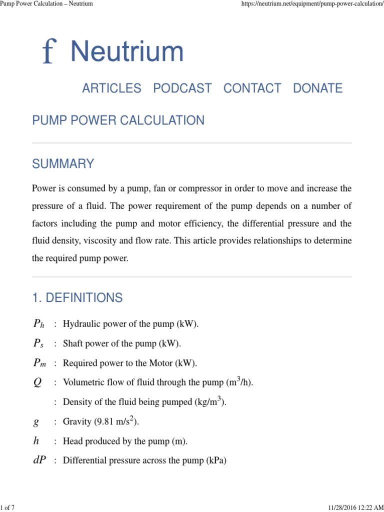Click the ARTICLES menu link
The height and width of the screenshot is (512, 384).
tap(111, 88)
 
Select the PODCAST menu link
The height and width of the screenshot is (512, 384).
tap(182, 88)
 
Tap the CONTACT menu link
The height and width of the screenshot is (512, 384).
tap(252, 88)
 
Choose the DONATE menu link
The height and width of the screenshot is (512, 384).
tap(317, 88)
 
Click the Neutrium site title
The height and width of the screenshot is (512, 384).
tap(127, 52)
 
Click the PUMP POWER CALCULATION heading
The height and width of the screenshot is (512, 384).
tap(118, 120)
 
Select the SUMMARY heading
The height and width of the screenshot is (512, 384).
tap(63, 164)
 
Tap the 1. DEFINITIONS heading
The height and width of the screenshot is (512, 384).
tap(77, 298)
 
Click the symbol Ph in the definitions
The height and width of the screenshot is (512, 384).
tap(38, 324)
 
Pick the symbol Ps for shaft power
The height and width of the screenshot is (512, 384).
tap(38, 343)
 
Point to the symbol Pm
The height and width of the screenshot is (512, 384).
tap(39, 363)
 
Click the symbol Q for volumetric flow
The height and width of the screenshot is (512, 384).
tap(37, 382)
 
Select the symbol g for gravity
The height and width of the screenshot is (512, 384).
tap(36, 422)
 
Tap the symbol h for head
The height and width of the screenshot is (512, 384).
tap(36, 441)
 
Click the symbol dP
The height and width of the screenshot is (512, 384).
tap(39, 460)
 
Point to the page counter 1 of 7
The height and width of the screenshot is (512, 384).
tap(7, 508)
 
